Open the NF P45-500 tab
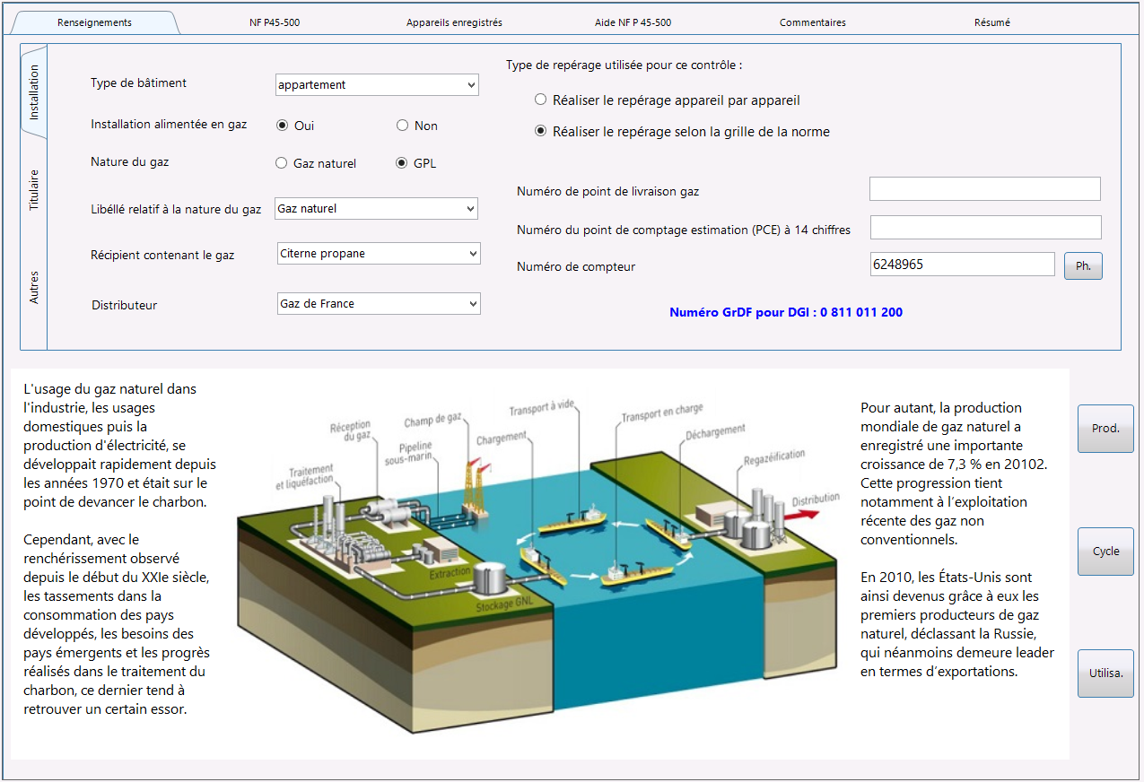pos(275,22)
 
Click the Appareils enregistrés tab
pos(454,22)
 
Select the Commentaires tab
pos(813,22)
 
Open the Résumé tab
pos(991,22)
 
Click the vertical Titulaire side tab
pos(34,190)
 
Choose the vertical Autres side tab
pos(34,287)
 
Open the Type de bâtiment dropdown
pos(377,84)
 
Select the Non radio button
pos(403,126)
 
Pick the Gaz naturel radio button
pos(282,163)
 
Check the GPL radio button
pos(402,163)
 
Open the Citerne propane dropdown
pos(379,254)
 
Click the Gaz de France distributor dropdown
pos(379,304)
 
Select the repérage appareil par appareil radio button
pos(540,100)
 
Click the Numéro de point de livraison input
pos(985,189)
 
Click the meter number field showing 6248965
pos(962,265)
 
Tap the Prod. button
pos(1105,429)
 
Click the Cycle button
pos(1105,552)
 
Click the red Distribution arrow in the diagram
pos(801,515)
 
